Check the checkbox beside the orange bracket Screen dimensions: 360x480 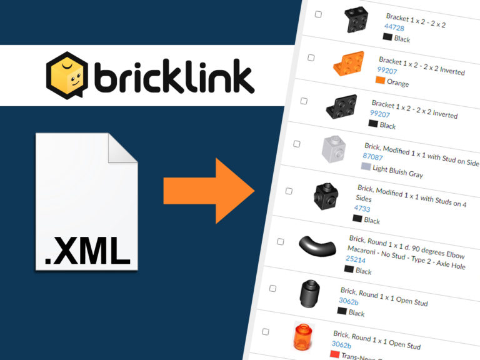click(x=311, y=57)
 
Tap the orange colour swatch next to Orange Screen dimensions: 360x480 click(x=379, y=80)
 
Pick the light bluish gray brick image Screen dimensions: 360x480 click(x=333, y=149)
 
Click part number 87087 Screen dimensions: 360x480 click(x=372, y=157)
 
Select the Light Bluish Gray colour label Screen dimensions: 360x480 click(x=397, y=171)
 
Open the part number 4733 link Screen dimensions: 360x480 click(x=362, y=209)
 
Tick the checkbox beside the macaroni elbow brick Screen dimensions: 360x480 click(x=281, y=241)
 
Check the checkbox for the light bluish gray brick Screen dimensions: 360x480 click(x=297, y=144)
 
